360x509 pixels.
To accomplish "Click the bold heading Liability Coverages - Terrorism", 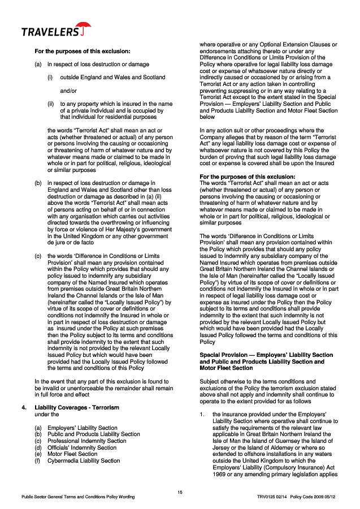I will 77,407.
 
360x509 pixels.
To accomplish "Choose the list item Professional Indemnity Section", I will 86,441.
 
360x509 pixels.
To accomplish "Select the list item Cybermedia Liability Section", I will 84,460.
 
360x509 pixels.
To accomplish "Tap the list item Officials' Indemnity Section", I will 82,447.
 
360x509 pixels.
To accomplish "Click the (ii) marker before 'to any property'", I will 50,103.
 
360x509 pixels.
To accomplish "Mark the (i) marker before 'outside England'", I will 50,77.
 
